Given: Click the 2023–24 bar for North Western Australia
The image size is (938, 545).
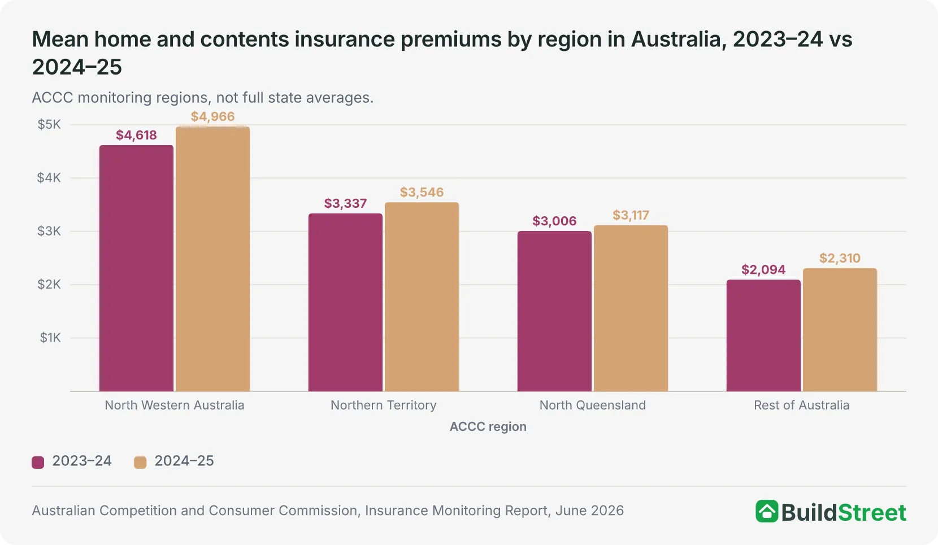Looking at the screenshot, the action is click(x=137, y=268).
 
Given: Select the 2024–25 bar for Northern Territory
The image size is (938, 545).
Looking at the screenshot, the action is click(x=422, y=297).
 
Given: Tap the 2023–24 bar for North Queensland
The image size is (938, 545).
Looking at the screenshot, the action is click(x=554, y=311).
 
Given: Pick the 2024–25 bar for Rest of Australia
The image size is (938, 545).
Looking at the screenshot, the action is click(x=840, y=330).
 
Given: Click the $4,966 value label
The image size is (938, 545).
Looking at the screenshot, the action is click(x=212, y=116).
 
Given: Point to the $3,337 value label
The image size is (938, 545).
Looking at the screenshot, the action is click(x=345, y=203).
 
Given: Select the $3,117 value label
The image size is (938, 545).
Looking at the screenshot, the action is click(x=631, y=215).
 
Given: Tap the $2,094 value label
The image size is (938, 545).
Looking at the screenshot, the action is click(x=763, y=269).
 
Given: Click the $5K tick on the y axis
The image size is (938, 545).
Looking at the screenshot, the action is click(x=49, y=124).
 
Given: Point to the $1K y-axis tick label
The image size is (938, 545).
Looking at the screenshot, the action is click(x=50, y=338).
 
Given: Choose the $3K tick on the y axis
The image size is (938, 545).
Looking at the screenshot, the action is click(x=49, y=231).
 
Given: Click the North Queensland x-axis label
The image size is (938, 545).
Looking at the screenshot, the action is click(x=593, y=405).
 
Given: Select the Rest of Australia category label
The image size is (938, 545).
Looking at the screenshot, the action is click(x=801, y=405).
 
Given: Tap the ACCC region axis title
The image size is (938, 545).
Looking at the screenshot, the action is click(x=488, y=426).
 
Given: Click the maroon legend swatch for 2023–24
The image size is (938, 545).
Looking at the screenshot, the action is click(x=38, y=462).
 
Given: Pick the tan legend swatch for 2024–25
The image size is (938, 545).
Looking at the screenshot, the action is click(x=140, y=462).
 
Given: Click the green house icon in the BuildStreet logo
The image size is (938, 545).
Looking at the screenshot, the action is click(x=767, y=511).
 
